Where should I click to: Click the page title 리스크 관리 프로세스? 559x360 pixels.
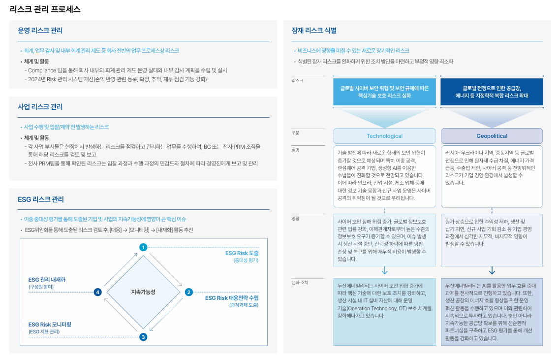click(x=45, y=9)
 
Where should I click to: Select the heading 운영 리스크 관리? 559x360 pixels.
click(x=40, y=31)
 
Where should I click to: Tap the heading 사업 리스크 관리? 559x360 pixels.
click(x=40, y=107)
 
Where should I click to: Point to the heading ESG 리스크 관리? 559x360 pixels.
click(x=41, y=199)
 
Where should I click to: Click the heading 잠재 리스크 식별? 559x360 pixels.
click(x=314, y=31)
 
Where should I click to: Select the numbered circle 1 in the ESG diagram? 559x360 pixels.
click(x=143, y=247)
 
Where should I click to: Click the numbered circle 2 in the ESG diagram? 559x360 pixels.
click(x=188, y=292)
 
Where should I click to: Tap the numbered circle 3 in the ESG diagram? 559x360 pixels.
click(x=143, y=337)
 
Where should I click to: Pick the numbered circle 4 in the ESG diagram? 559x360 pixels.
click(x=98, y=292)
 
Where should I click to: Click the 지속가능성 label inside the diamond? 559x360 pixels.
click(x=143, y=292)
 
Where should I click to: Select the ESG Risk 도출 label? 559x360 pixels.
click(x=242, y=253)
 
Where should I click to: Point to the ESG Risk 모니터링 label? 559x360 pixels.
click(x=50, y=325)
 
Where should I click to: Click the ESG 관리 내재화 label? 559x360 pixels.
click(x=47, y=280)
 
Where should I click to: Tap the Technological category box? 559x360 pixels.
click(x=384, y=136)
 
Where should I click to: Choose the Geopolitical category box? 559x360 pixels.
click(x=492, y=136)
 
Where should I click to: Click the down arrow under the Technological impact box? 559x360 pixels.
click(x=384, y=271)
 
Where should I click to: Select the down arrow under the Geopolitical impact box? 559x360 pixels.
click(x=492, y=271)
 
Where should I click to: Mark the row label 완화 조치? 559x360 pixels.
click(x=300, y=283)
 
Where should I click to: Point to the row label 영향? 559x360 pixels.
click(x=295, y=218)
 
